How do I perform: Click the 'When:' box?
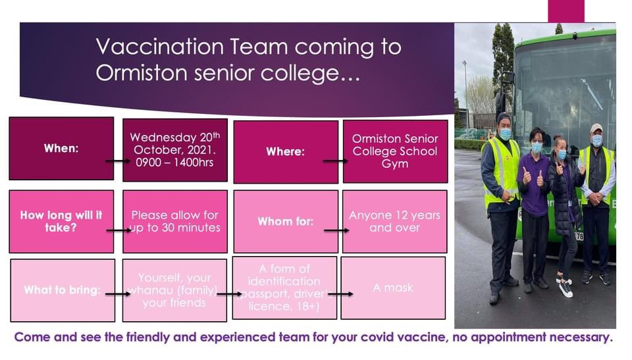pos(61,149)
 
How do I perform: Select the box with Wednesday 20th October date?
pos(175,150)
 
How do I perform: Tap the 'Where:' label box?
pos(285,152)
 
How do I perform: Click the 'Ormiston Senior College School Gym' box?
pos(394,151)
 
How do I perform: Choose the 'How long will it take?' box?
pos(61,222)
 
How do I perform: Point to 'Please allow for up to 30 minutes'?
pos(175,222)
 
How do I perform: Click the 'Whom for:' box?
pos(285,222)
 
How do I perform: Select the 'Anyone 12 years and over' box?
pos(394,222)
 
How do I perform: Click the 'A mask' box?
pos(393,288)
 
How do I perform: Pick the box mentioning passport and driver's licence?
pos(284,288)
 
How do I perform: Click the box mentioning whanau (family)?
pos(175,290)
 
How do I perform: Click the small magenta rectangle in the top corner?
pos(566,11)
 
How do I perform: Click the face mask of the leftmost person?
pos(506,134)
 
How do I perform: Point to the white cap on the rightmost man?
pos(596,128)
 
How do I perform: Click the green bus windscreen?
pos(566,86)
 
